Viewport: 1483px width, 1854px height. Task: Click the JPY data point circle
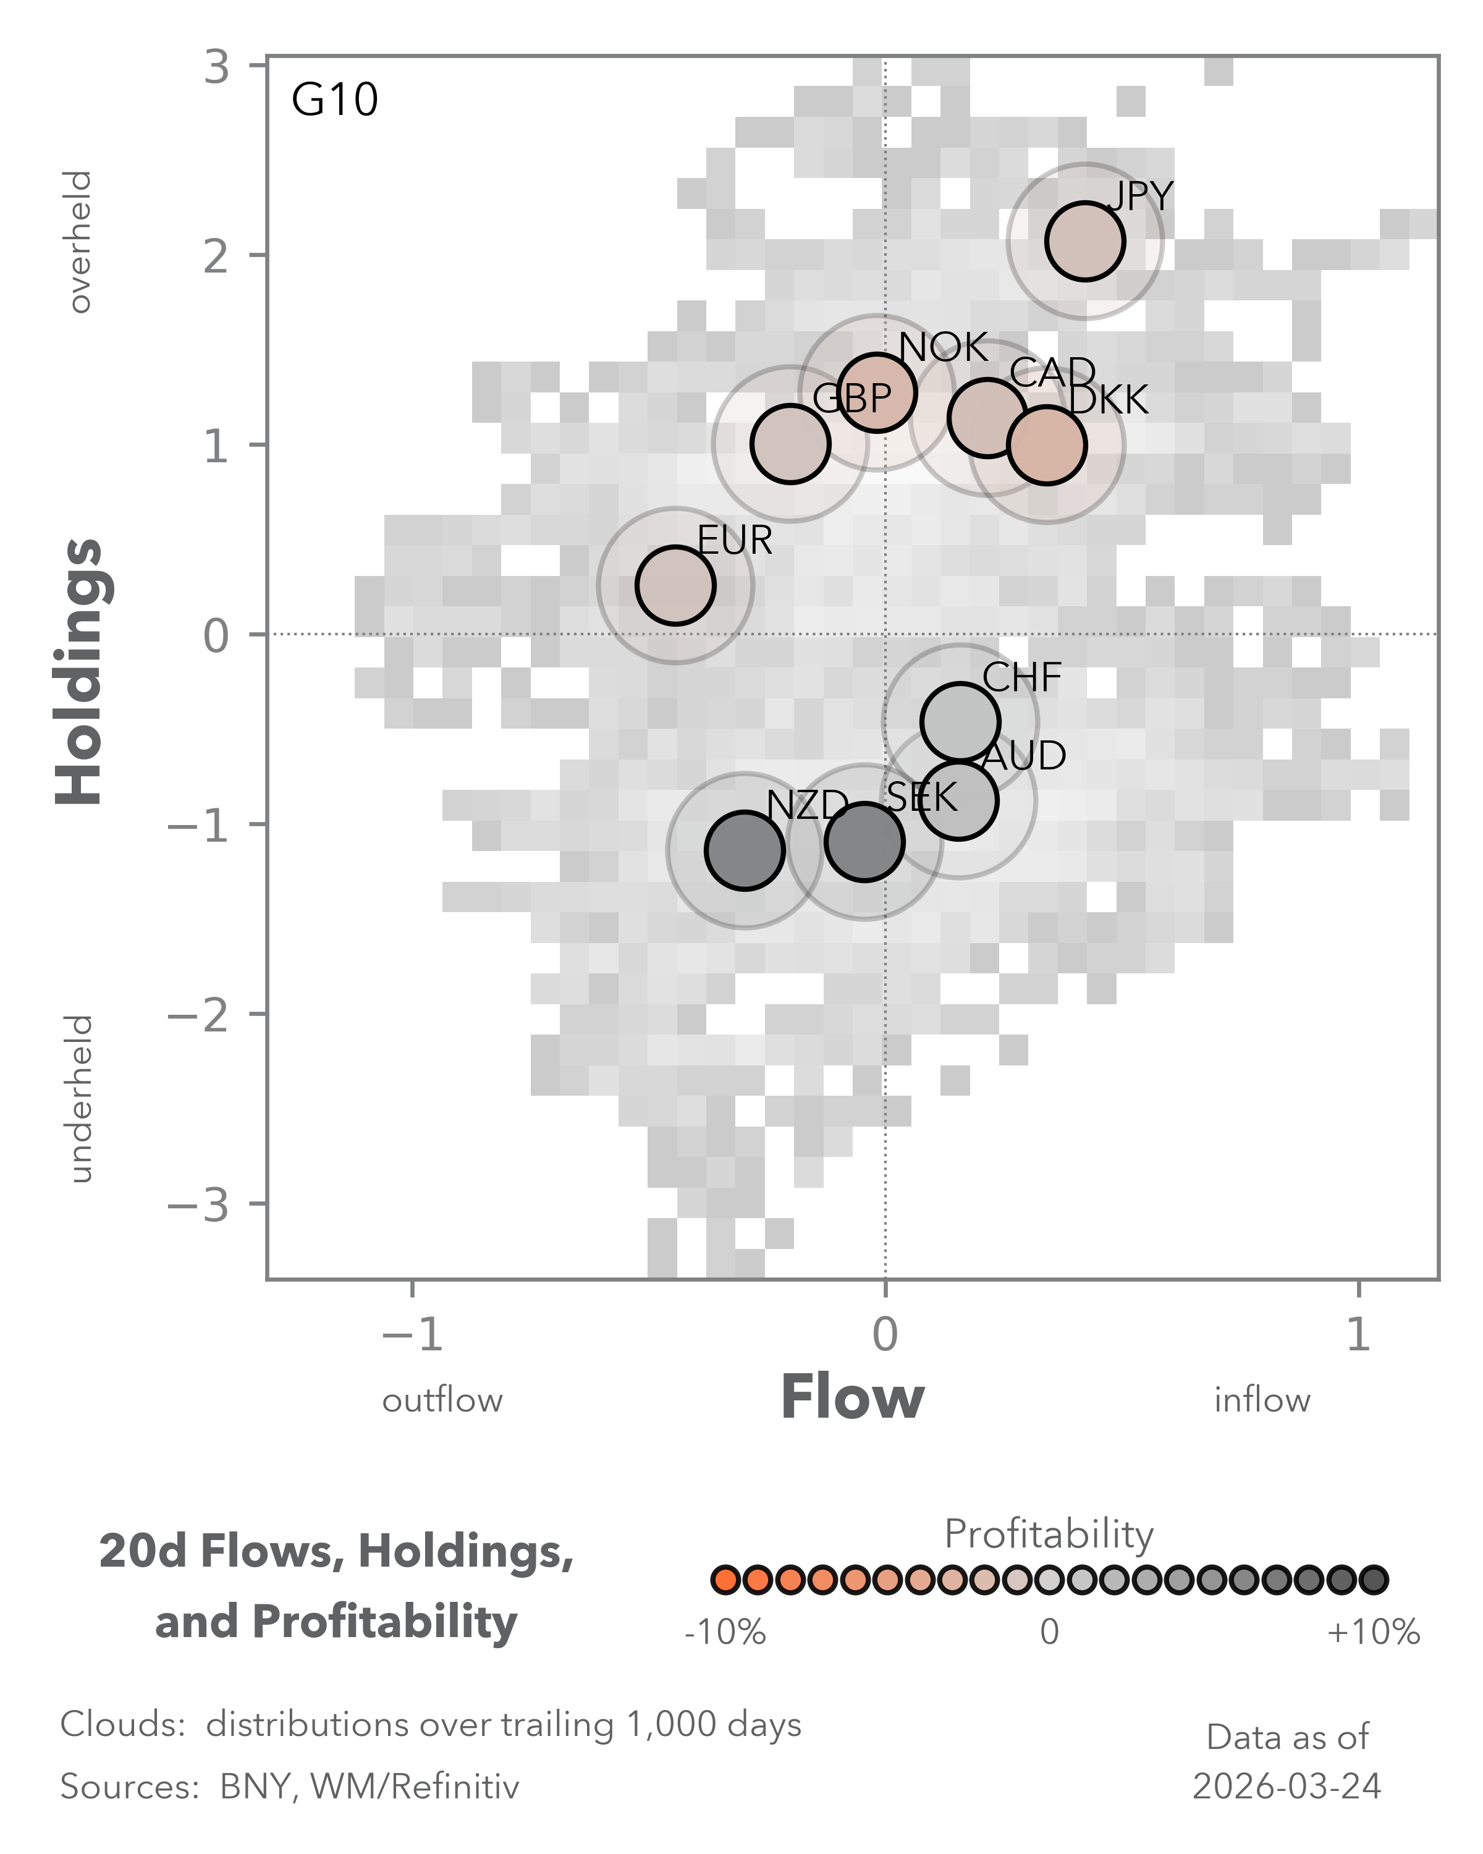pyautogui.click(x=1085, y=242)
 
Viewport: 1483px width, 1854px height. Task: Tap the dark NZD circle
pyautogui.click(x=745, y=850)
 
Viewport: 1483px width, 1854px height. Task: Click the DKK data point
pyautogui.click(x=1046, y=446)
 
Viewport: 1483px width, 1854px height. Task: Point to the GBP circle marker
pyautogui.click(x=790, y=444)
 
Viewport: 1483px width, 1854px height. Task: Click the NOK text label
pyautogui.click(x=943, y=347)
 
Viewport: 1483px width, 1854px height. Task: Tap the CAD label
pyautogui.click(x=1052, y=373)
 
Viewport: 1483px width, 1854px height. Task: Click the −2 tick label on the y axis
pyautogui.click(x=198, y=1015)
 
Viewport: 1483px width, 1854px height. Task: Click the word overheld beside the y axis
pyautogui.click(x=80, y=242)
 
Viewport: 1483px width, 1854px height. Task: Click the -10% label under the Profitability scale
pyautogui.click(x=725, y=1632)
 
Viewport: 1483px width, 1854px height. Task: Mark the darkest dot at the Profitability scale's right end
pyautogui.click(x=1373, y=1580)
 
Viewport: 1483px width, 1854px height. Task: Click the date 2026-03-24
pyautogui.click(x=1287, y=1787)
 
